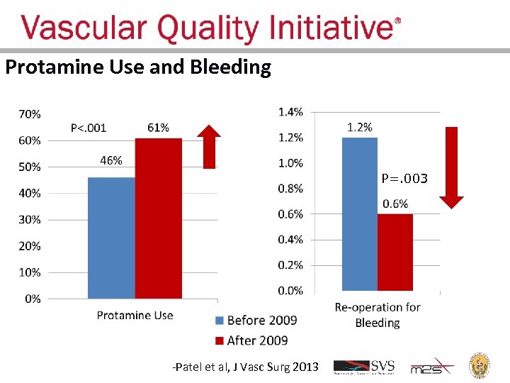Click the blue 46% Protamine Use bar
coord(111,238)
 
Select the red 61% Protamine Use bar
coord(158,218)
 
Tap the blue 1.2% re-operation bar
coord(360,213)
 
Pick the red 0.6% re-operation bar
coord(395,252)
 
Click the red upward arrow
coord(209,147)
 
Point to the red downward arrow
coord(451,167)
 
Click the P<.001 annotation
coord(89,128)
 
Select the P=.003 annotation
coord(404,179)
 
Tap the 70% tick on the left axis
coord(29,113)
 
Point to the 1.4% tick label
coord(290,111)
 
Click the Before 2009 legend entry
coord(255,321)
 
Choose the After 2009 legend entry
coord(251,340)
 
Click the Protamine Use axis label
coord(135,315)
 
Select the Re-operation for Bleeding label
coord(377,315)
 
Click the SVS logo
coord(364,367)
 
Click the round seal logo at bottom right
coord(482,367)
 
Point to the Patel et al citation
coord(246,367)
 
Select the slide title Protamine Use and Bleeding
coord(138,67)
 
